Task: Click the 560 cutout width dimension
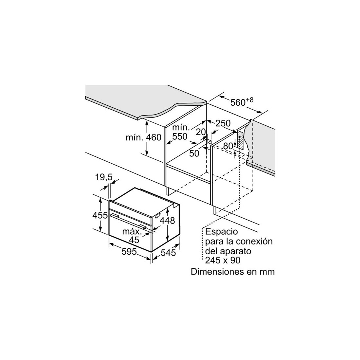[x=242, y=102]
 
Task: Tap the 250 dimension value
[x=223, y=123]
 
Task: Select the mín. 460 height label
[x=143, y=137]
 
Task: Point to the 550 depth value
[x=180, y=136]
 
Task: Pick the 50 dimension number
[x=194, y=153]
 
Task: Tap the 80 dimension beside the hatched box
[x=228, y=146]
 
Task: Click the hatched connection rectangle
[x=240, y=140]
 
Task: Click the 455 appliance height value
[x=100, y=215]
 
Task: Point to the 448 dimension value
[x=167, y=221]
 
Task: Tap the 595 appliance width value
[x=129, y=252]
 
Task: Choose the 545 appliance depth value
[x=168, y=253]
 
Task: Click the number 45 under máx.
[x=134, y=240]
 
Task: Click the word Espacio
[x=222, y=231]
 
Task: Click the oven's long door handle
[x=128, y=221]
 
